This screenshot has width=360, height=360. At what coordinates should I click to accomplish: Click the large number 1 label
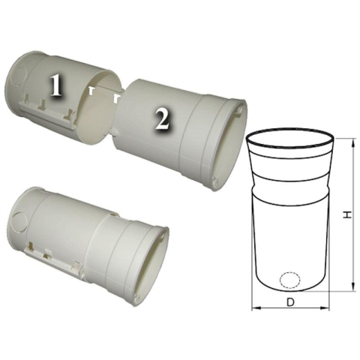click(x=55, y=85)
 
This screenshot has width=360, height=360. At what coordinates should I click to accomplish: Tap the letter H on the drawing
click(x=347, y=214)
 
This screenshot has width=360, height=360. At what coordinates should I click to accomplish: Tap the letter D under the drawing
click(x=290, y=302)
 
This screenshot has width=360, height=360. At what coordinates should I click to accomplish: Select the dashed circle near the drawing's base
click(x=289, y=279)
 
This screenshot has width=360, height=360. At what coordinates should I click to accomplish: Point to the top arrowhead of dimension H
click(x=353, y=144)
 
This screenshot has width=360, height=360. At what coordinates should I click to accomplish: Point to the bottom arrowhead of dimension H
click(x=353, y=286)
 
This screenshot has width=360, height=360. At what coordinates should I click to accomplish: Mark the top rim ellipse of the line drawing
click(x=290, y=140)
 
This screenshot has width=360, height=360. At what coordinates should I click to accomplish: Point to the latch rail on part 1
click(x=47, y=115)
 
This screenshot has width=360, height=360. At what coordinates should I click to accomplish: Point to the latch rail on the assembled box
click(x=55, y=257)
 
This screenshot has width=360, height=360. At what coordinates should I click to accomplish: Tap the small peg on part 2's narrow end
click(x=113, y=131)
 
